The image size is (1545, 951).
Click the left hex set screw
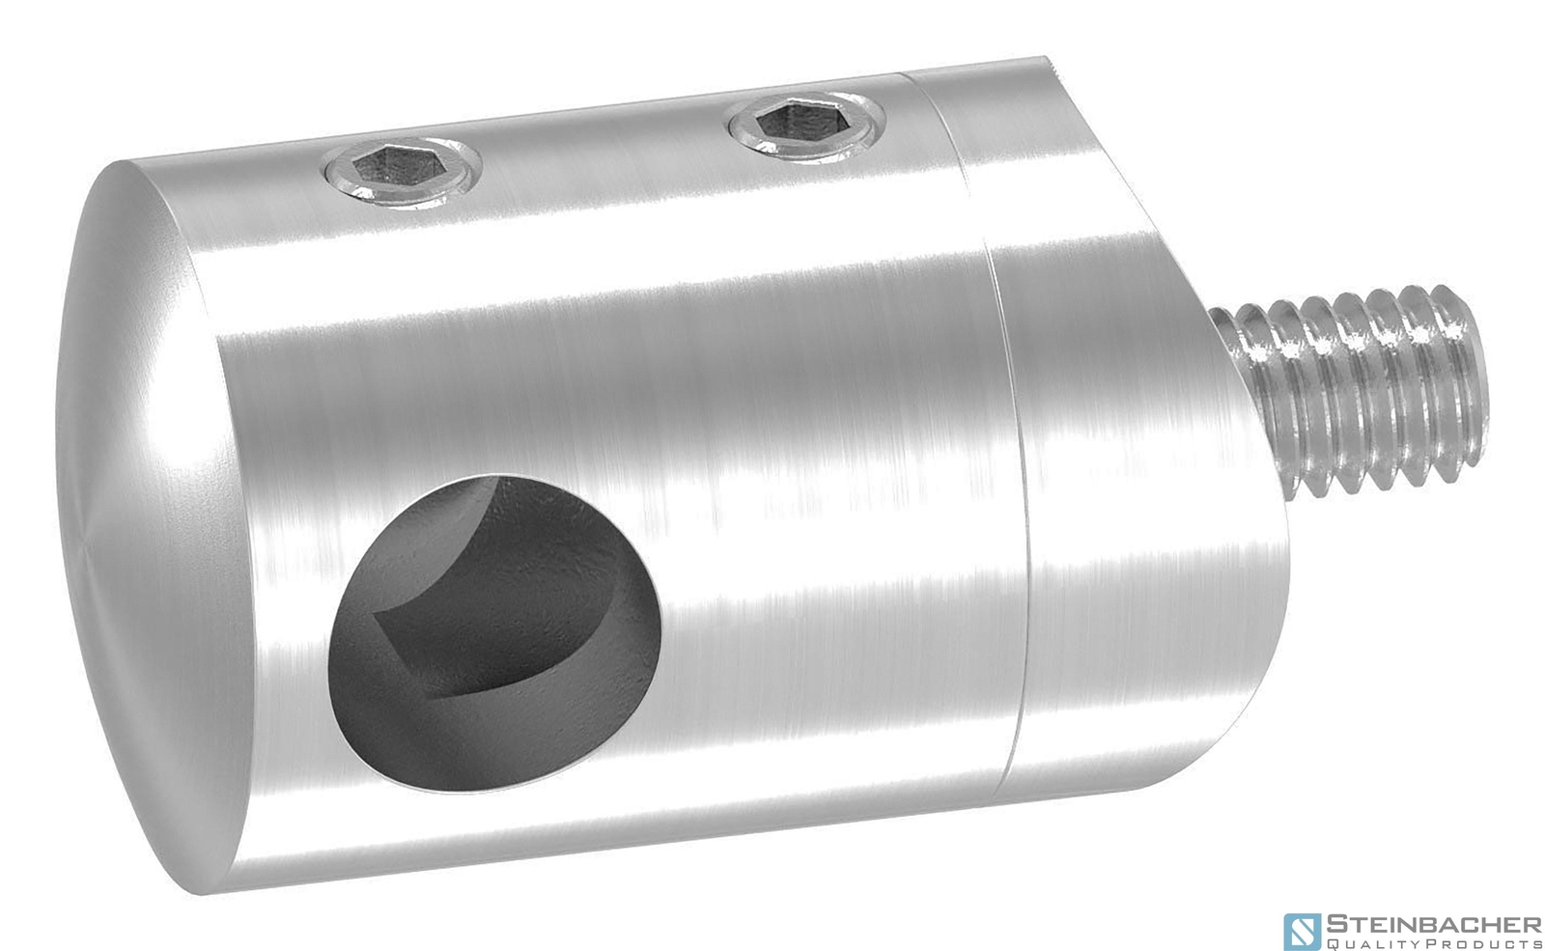pyautogui.click(x=403, y=175)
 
